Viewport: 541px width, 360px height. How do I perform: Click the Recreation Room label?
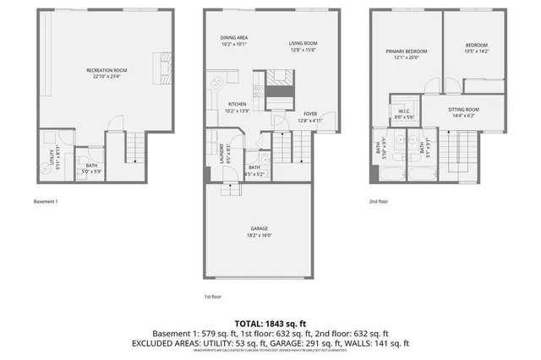[x=106, y=69]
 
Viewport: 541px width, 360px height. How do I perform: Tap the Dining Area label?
[x=233, y=37]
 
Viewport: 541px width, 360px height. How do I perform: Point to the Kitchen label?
[x=237, y=104]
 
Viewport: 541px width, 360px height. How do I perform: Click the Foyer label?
[x=310, y=114]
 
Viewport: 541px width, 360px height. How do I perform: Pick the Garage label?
[x=260, y=227]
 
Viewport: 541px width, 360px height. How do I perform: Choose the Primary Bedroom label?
[x=406, y=52]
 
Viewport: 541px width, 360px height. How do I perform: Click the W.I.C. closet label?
[x=404, y=112]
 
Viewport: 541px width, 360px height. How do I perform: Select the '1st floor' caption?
[x=212, y=297]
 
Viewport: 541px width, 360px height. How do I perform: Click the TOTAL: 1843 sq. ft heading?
[x=270, y=322]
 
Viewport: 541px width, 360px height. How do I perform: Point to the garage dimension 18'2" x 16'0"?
[x=260, y=234]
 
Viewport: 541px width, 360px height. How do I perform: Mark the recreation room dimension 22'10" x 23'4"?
[x=106, y=76]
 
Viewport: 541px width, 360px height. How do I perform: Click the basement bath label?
[x=90, y=166]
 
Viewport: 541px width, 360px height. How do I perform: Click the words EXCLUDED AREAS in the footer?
[x=167, y=344]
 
